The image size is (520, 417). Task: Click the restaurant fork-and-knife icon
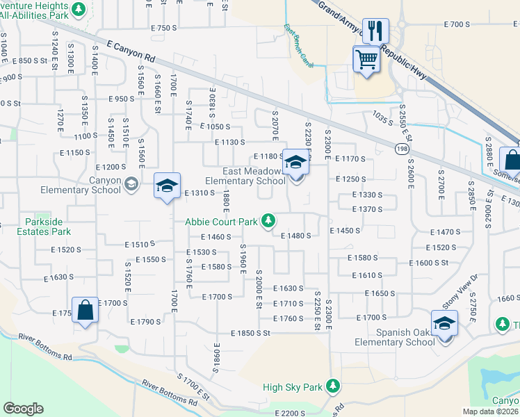click(x=375, y=31)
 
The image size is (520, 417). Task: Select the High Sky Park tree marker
click(x=334, y=386)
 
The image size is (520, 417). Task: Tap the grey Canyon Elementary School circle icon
click(x=131, y=184)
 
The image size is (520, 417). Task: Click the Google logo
click(x=23, y=409)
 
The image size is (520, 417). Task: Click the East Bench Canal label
click(x=299, y=48)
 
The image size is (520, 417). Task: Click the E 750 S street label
click(x=165, y=28)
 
